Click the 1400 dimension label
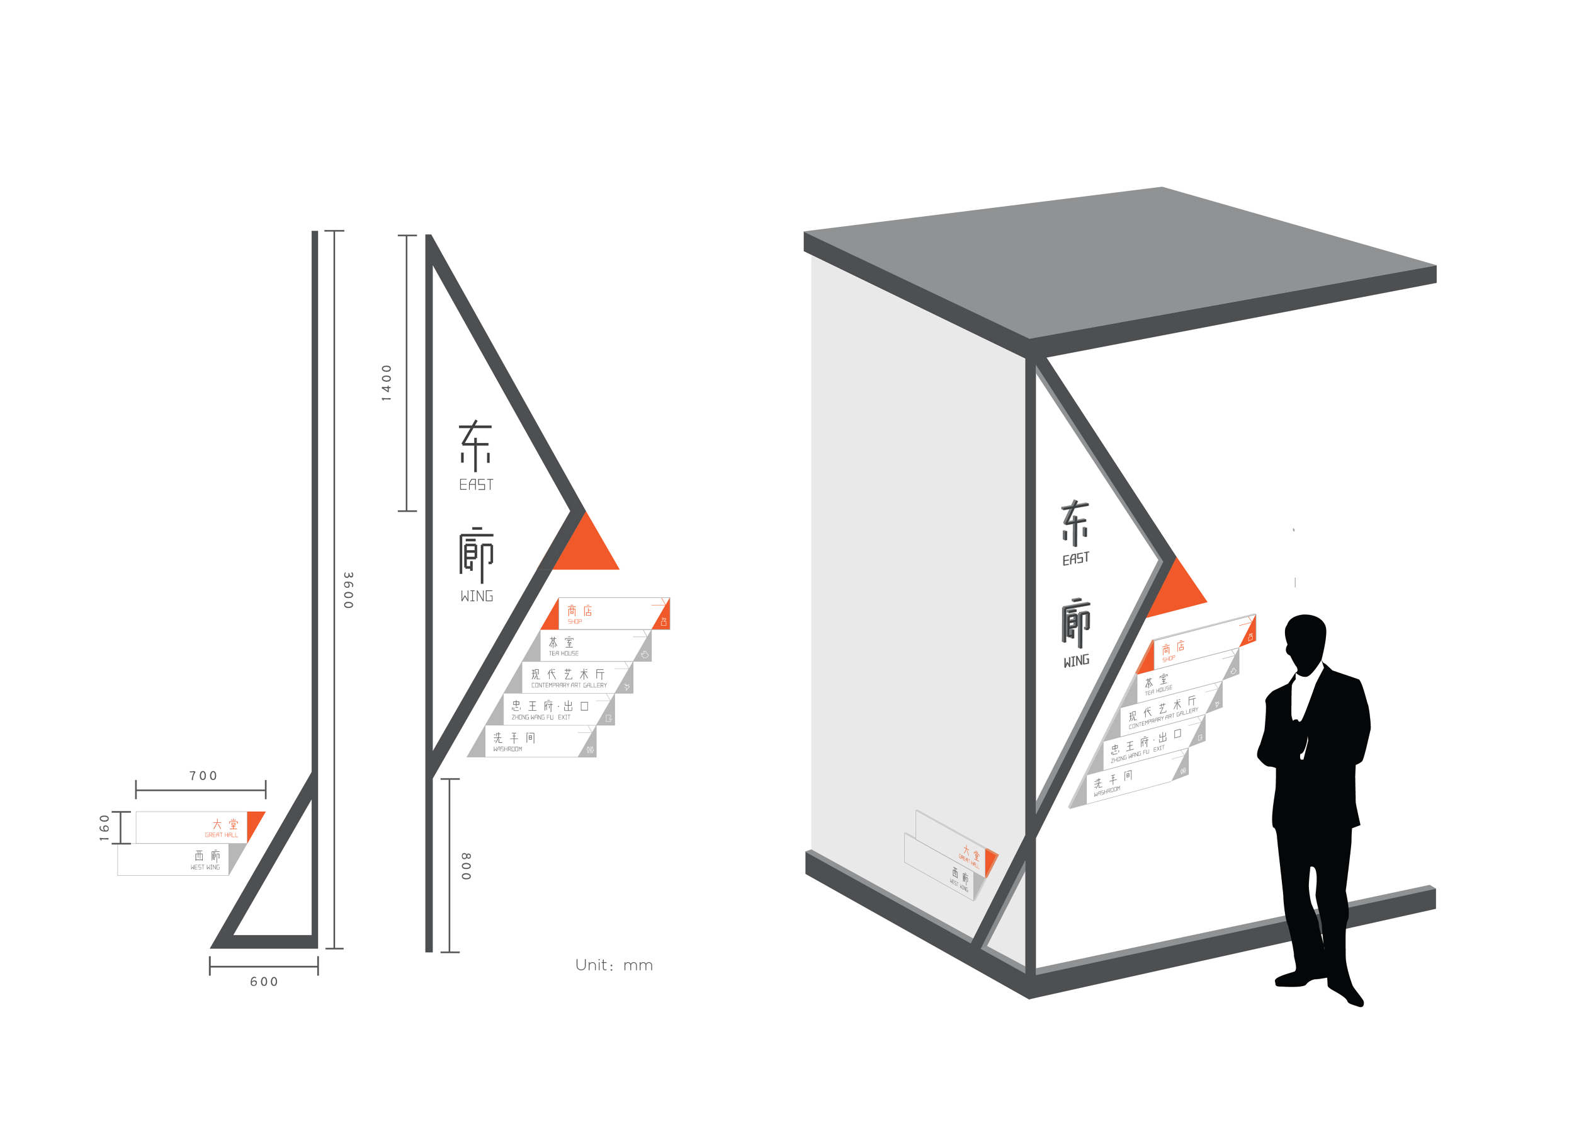tap(387, 382)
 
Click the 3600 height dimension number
tap(348, 590)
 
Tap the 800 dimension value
tap(466, 866)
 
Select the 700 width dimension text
tap(203, 776)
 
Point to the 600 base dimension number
tap(264, 981)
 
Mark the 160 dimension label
tap(105, 828)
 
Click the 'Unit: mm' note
tap(613, 965)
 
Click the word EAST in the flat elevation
tap(476, 485)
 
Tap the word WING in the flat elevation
tap(477, 597)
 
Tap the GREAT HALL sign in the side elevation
tap(201, 828)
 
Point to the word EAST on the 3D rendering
tap(1076, 559)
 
